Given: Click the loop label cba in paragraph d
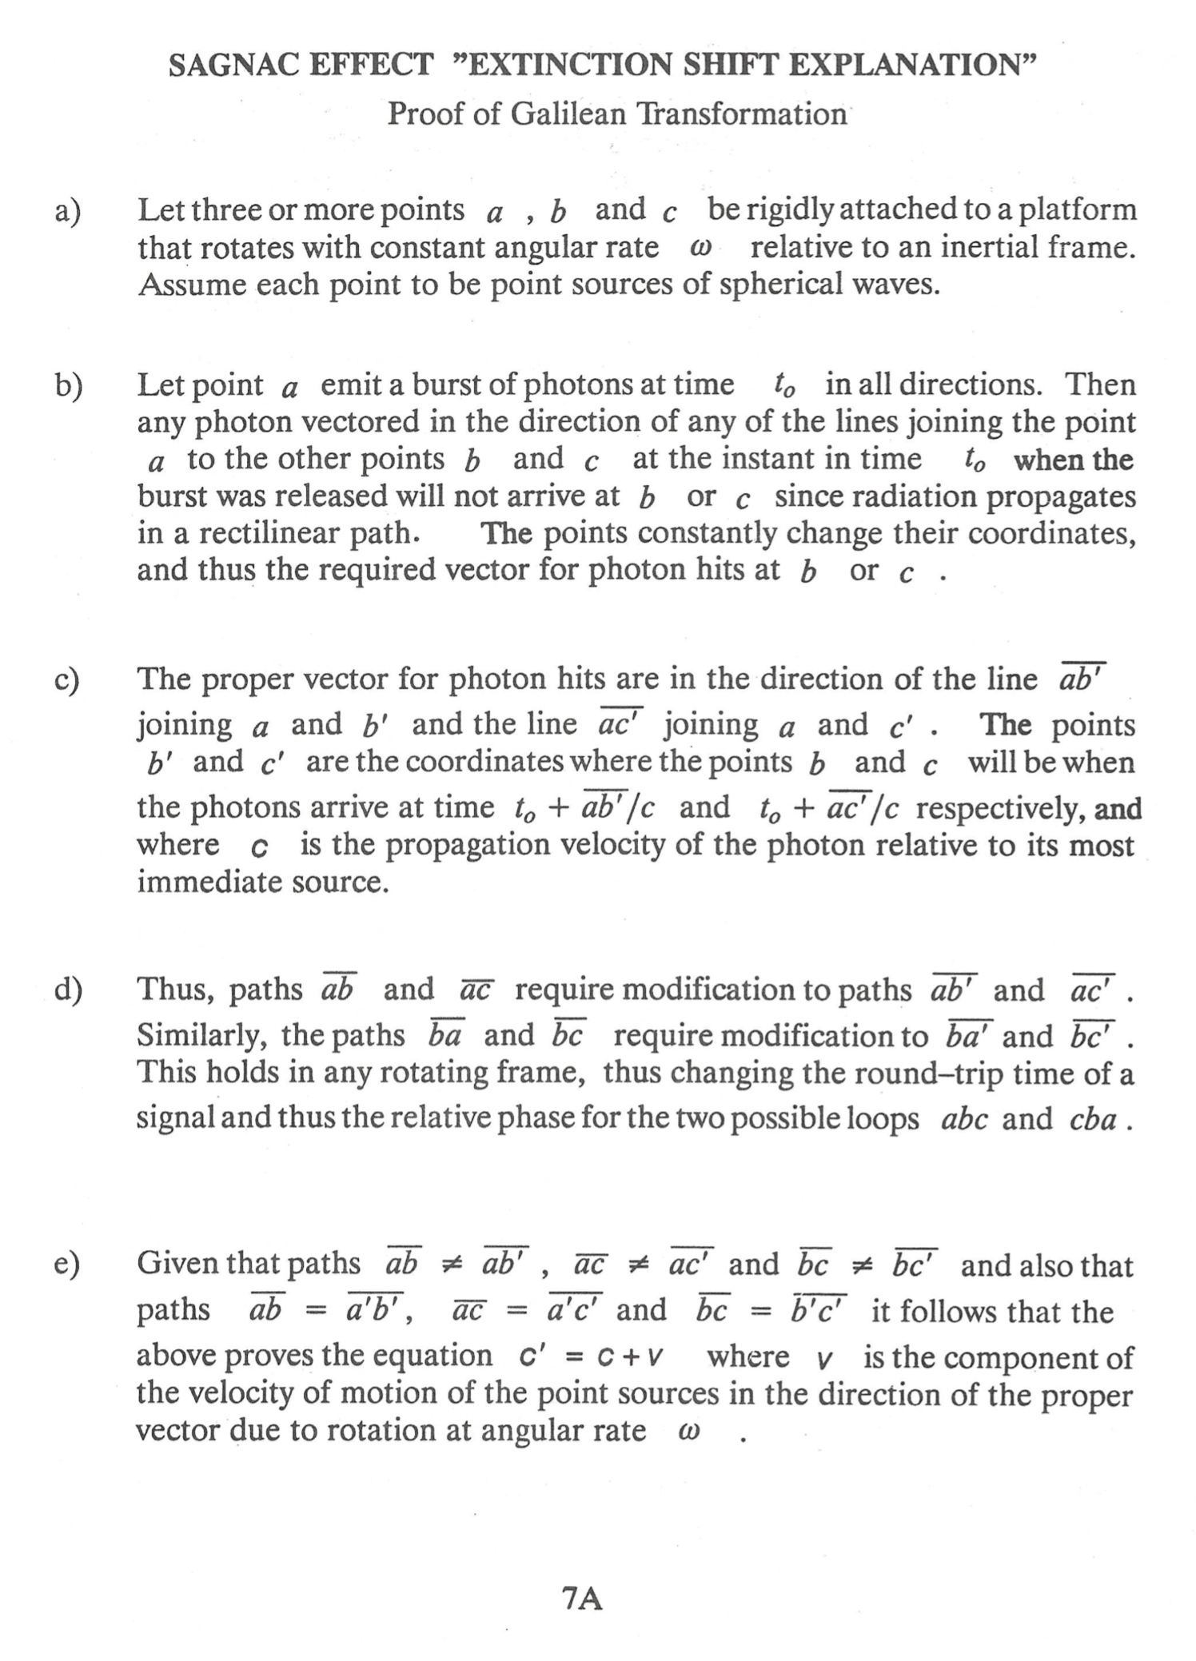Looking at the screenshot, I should (1091, 1119).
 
